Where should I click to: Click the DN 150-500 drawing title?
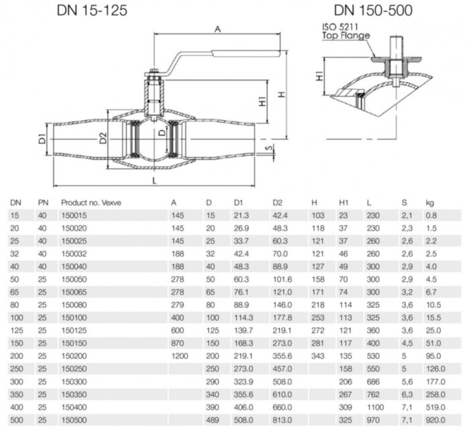[373, 11]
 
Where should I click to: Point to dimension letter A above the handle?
[219, 28]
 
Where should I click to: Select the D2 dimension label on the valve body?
[103, 139]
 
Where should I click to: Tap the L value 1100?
[375, 407]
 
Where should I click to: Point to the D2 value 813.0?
[281, 419]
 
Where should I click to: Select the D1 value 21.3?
[241, 214]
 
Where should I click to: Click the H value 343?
[318, 355]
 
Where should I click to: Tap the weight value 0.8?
[430, 214]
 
